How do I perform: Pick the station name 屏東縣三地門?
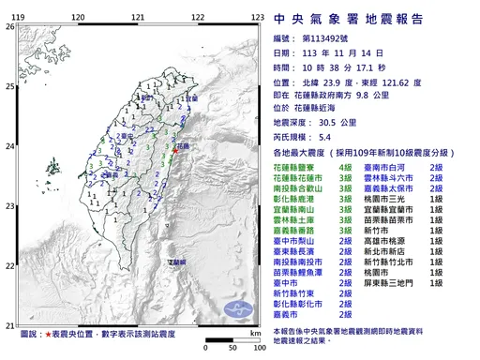pyautogui.click(x=396, y=281)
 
